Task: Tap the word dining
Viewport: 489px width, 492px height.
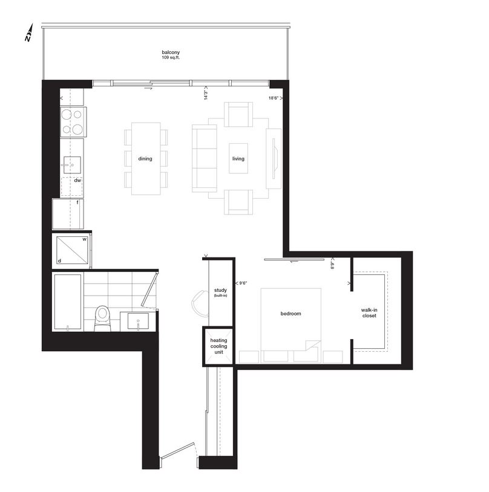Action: point(145,159)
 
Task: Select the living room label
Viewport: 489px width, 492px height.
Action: point(238,159)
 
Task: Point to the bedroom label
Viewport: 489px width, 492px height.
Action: point(290,314)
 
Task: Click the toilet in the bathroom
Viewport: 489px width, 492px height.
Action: point(103,316)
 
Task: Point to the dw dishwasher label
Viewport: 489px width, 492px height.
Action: point(77,180)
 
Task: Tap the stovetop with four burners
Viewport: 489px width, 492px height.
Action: point(73,122)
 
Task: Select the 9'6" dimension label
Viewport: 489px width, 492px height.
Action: point(243,282)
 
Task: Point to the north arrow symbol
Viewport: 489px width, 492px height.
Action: point(28,34)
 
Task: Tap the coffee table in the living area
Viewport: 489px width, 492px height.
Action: point(238,158)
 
